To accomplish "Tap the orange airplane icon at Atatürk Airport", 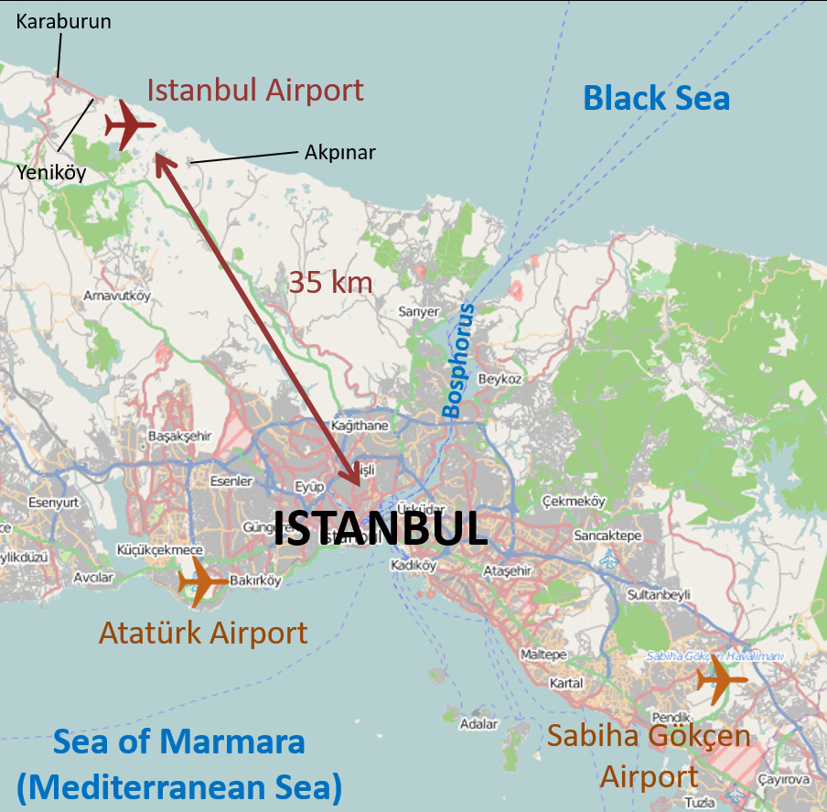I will click(202, 581).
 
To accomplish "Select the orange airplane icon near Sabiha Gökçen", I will click(721, 679).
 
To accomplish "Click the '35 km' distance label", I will click(330, 282).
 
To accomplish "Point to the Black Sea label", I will click(656, 98).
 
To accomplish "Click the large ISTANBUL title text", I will click(381, 528).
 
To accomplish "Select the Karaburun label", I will click(64, 21).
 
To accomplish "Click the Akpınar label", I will click(340, 152).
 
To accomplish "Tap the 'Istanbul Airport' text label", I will click(255, 91).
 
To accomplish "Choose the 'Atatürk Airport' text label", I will click(202, 633).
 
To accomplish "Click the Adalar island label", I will click(479, 724).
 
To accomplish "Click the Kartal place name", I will click(566, 684).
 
